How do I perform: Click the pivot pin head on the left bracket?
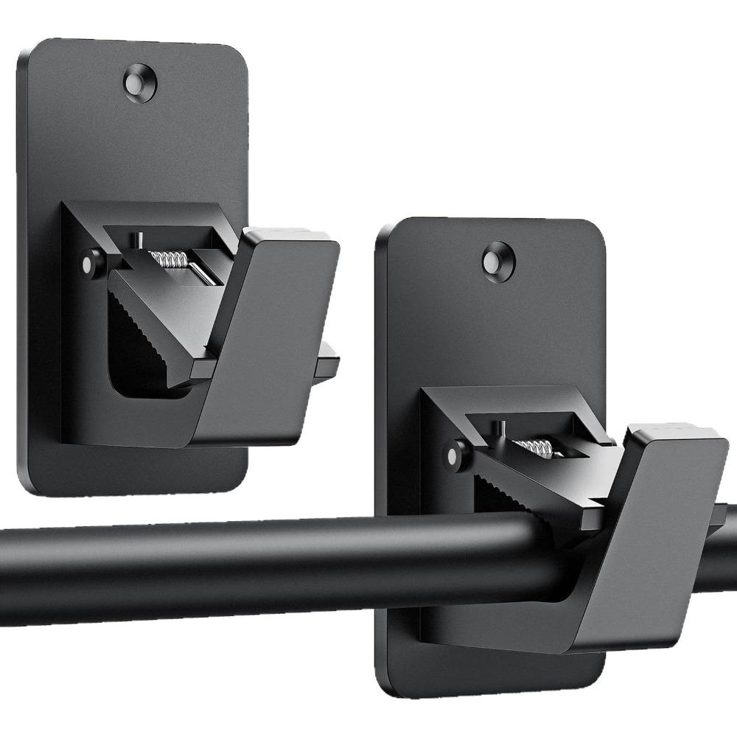pyautogui.click(x=91, y=265)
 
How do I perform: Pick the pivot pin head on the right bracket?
pyautogui.click(x=457, y=452)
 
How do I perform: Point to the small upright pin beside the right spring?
pyautogui.click(x=499, y=428)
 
